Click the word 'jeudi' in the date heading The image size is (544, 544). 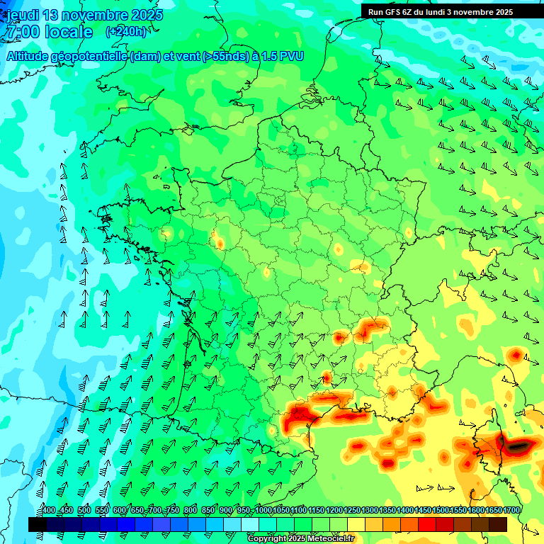click(23, 15)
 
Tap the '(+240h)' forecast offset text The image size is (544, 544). click(126, 31)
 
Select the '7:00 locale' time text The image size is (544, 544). click(49, 32)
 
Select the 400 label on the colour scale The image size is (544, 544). click(48, 511)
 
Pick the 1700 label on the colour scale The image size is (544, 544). click(511, 511)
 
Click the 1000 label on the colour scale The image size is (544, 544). click(263, 511)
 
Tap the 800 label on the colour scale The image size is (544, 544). click(190, 511)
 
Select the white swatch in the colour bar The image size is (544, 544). click(250, 524)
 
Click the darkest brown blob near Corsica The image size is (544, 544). click(517, 446)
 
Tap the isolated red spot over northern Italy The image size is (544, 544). click(516, 354)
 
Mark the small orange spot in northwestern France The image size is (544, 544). click(219, 243)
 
